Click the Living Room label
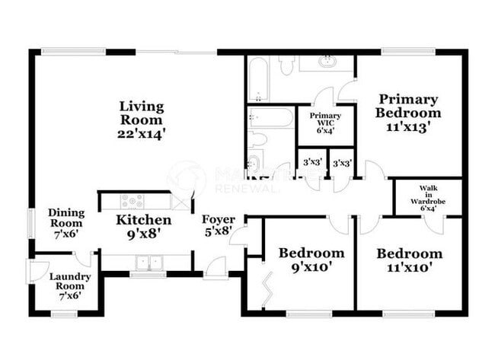coord(142,113)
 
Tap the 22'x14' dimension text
coord(142,132)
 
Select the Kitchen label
coord(143,221)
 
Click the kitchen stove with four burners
coord(133,202)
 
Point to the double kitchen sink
coord(148,263)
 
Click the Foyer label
coord(219,220)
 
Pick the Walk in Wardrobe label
coord(428,195)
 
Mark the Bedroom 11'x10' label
coord(409,253)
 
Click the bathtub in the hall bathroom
coord(270,117)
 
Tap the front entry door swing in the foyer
coord(216,266)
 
